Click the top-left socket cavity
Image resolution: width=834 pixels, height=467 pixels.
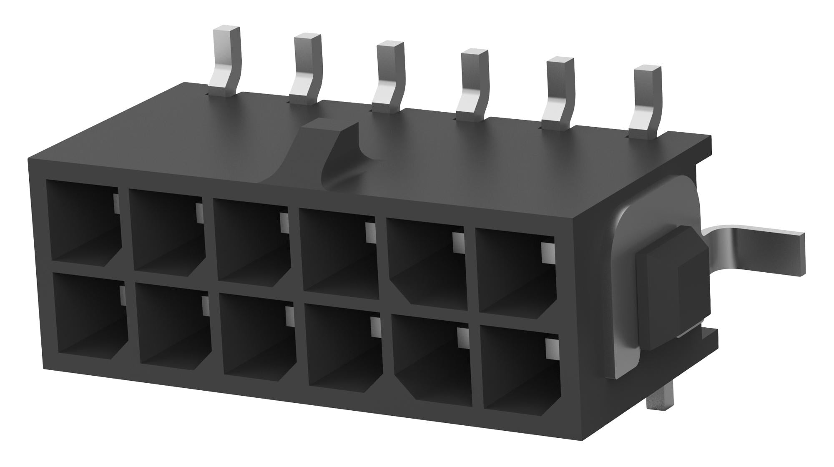(x=83, y=223)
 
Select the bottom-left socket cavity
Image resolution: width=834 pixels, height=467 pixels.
(x=90, y=319)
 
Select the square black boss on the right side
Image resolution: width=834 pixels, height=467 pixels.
(x=671, y=288)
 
